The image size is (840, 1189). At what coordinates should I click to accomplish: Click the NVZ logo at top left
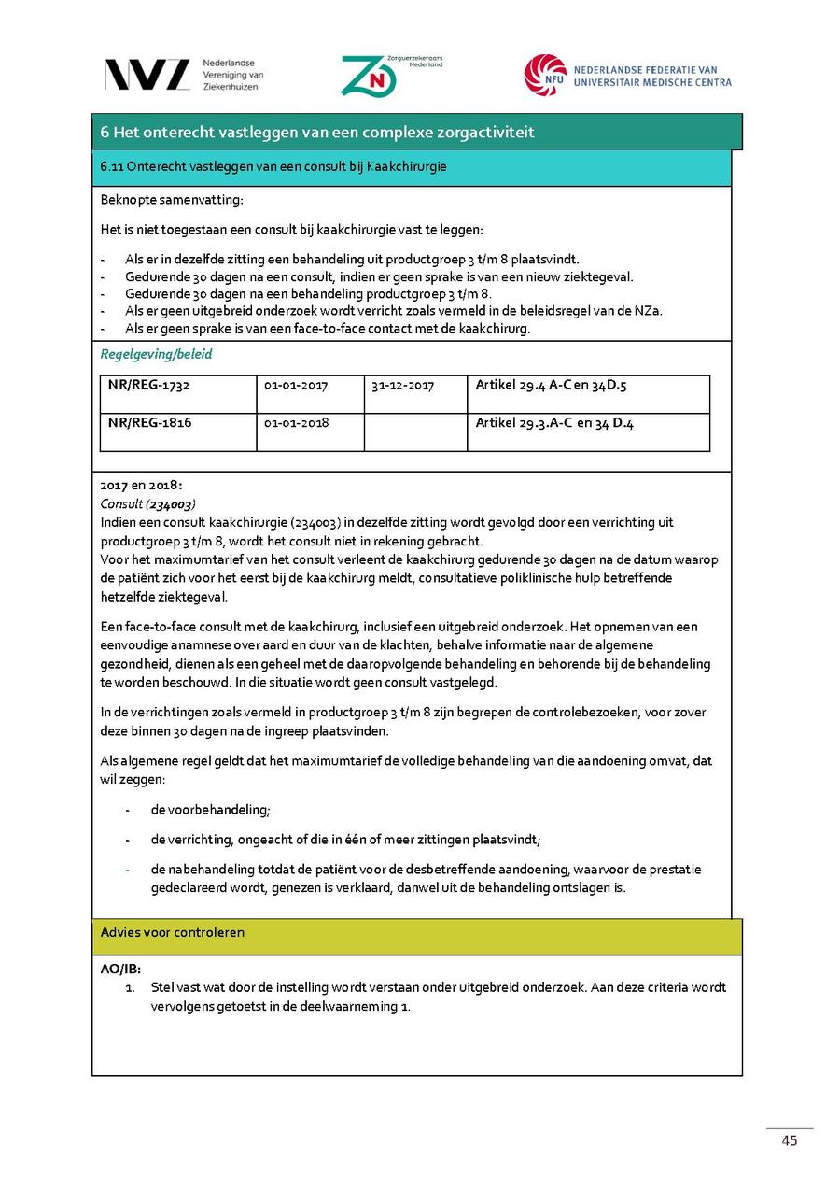[147, 75]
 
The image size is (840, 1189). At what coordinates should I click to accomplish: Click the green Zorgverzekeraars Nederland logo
[369, 76]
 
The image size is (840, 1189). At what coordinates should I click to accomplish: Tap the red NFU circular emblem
[545, 76]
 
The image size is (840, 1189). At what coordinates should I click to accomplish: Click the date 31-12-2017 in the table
[402, 385]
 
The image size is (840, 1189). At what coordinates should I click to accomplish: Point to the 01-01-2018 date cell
[297, 422]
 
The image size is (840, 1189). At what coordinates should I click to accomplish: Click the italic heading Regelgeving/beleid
[157, 354]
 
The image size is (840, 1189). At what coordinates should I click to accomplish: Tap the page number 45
[790, 1140]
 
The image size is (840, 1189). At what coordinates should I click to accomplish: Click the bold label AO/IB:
[120, 969]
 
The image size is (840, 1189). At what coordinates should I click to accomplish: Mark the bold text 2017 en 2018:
[142, 486]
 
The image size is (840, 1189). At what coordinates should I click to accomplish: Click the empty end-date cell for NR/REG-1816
[414, 432]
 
